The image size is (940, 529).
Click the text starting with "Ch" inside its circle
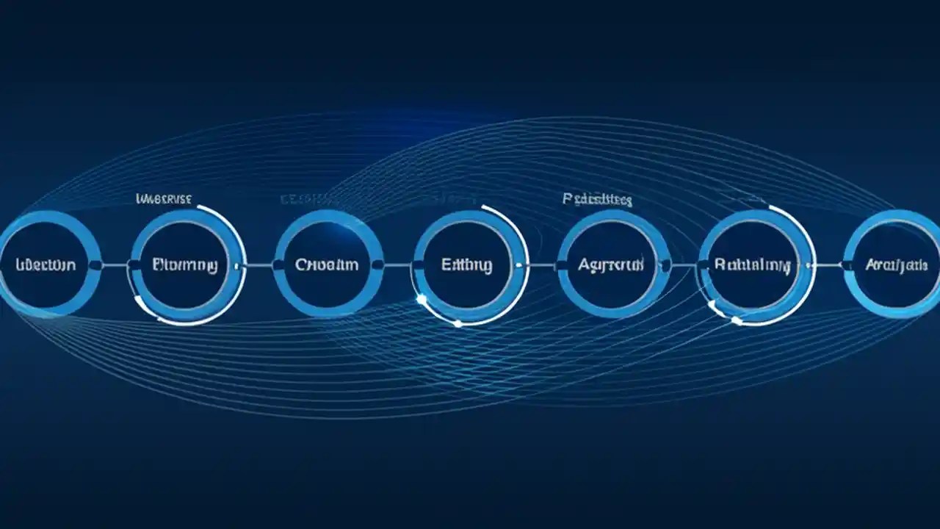pyautogui.click(x=327, y=264)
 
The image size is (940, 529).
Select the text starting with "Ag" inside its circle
pyautogui.click(x=610, y=264)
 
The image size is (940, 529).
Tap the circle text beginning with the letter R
pyautogui.click(x=753, y=264)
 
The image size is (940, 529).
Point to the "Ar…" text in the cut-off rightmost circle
pyautogui.click(x=896, y=264)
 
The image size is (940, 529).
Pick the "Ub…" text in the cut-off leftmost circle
pyautogui.click(x=45, y=264)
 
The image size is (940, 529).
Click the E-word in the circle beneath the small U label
pyautogui.click(x=184, y=264)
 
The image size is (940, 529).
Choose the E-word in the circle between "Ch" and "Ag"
pyautogui.click(x=467, y=264)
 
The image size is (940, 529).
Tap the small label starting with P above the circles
pyautogui.click(x=597, y=199)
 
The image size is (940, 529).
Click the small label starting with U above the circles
pyautogui.click(x=164, y=198)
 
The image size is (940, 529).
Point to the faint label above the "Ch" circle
pyautogui.click(x=305, y=199)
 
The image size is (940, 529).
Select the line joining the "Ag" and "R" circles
pyautogui.click(x=682, y=264)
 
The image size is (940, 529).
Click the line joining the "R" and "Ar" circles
pyautogui.click(x=828, y=264)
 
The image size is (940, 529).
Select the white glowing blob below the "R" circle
pyautogui.click(x=736, y=320)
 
